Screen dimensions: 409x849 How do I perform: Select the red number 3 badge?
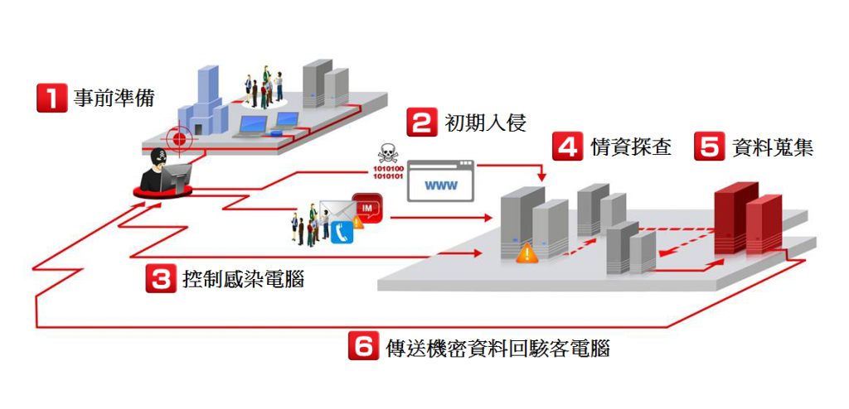click(x=159, y=278)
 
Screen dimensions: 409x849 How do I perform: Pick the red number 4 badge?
click(x=568, y=147)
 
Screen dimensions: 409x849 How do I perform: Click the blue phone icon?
click(x=342, y=233)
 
